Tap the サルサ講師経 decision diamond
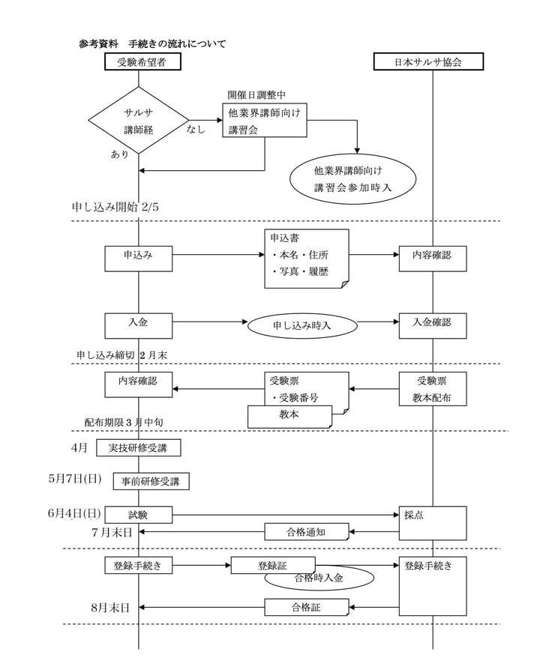coord(139,120)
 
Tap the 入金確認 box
coord(432,325)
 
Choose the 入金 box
coord(139,325)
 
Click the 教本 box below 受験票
coord(289,416)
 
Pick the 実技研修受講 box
coord(139,448)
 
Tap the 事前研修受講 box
coord(151,481)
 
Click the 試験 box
coord(139,515)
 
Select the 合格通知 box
coord(306,532)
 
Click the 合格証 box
coord(306,607)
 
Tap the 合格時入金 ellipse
coord(318,578)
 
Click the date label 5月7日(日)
coord(75,479)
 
